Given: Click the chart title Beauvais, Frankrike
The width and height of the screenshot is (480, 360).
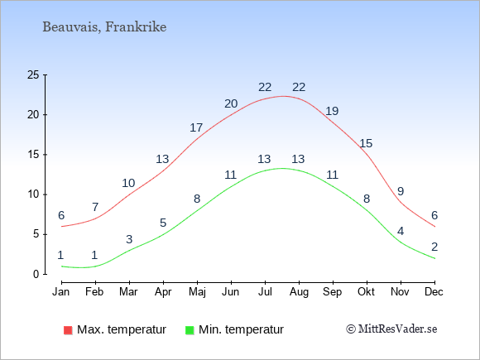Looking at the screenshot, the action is [x=104, y=27].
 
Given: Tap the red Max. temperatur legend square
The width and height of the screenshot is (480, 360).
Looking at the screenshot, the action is [x=68, y=330].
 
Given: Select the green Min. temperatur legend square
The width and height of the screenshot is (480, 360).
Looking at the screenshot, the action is [x=190, y=330].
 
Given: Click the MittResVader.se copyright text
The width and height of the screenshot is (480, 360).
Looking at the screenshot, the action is [x=391, y=329].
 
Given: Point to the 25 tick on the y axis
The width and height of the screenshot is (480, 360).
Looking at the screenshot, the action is [x=33, y=74].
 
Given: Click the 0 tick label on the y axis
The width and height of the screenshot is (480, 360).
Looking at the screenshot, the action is [x=36, y=274].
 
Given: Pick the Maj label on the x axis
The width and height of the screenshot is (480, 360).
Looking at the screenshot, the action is [x=197, y=292].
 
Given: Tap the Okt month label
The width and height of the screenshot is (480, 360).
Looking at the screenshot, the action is [x=366, y=292].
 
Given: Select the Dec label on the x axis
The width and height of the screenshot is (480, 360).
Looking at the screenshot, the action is [x=434, y=292].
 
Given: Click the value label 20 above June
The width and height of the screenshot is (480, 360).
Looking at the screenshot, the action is [x=231, y=103].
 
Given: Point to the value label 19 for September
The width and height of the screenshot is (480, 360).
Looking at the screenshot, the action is [x=332, y=111].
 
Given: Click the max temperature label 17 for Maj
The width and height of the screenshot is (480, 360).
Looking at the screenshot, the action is [x=196, y=127].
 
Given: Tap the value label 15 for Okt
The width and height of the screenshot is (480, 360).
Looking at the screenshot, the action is [x=366, y=143].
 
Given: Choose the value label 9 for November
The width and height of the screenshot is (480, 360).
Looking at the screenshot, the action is [x=401, y=191].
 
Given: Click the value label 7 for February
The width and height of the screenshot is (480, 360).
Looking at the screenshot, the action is [x=95, y=207].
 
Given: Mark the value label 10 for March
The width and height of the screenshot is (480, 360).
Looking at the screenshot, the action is [x=128, y=184].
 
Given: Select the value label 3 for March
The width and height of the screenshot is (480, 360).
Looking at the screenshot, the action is [x=129, y=239].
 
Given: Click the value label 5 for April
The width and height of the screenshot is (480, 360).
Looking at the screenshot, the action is [x=163, y=223].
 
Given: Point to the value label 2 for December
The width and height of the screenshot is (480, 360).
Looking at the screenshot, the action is [x=434, y=247].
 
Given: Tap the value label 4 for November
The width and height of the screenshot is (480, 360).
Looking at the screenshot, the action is [x=401, y=231].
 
